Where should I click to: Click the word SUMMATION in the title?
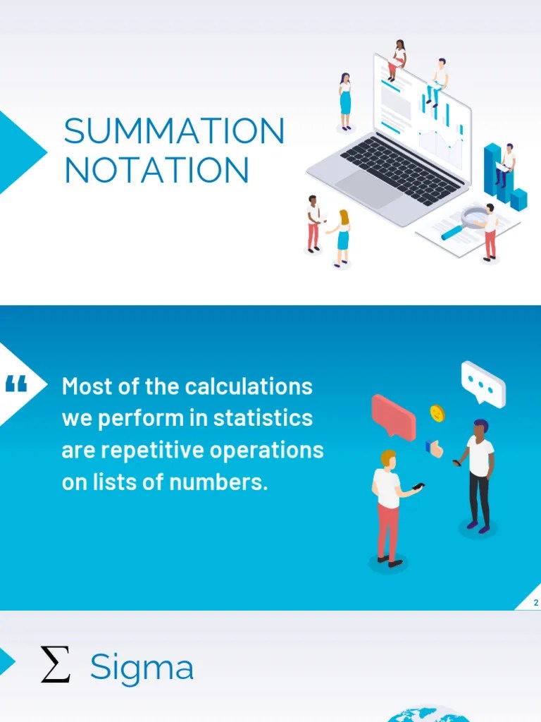[x=174, y=131]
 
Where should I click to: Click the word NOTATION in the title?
[x=157, y=170]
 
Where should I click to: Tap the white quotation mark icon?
[x=15, y=385]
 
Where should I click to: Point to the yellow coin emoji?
[x=437, y=412]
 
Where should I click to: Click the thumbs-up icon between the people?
[x=435, y=448]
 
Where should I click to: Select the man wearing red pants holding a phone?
[x=388, y=508]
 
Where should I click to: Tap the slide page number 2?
[x=536, y=602]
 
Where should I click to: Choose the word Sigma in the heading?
[x=142, y=668]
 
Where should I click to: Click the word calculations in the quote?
[x=249, y=386]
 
